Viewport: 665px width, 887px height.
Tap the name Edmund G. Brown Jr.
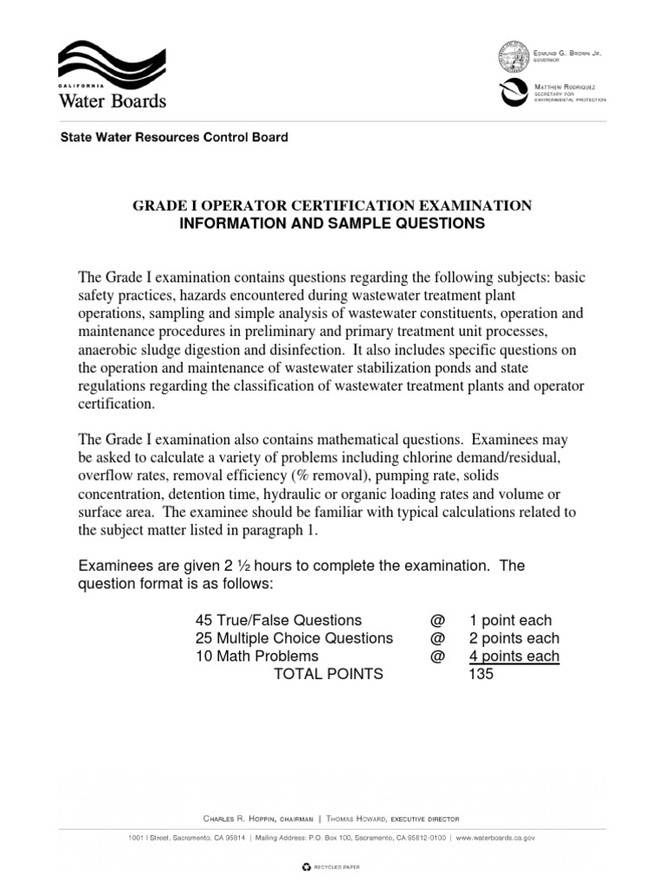click(568, 54)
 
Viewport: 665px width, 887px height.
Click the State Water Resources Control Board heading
click(172, 138)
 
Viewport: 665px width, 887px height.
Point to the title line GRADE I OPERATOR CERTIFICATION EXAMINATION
click(332, 205)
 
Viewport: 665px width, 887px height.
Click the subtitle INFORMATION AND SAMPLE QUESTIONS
click(332, 223)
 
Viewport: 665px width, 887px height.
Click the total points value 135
click(481, 674)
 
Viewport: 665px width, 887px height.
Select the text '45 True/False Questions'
click(278, 620)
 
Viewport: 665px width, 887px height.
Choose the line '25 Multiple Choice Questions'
click(294, 638)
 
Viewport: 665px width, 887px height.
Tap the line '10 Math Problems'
click(256, 657)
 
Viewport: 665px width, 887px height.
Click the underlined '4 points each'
click(513, 657)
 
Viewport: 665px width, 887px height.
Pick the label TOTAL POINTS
click(328, 674)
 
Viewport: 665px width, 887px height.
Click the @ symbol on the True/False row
click(436, 620)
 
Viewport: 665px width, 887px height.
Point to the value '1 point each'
click(510, 620)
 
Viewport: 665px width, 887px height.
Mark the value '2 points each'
click(513, 638)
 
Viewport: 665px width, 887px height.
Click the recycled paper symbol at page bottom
click(305, 865)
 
